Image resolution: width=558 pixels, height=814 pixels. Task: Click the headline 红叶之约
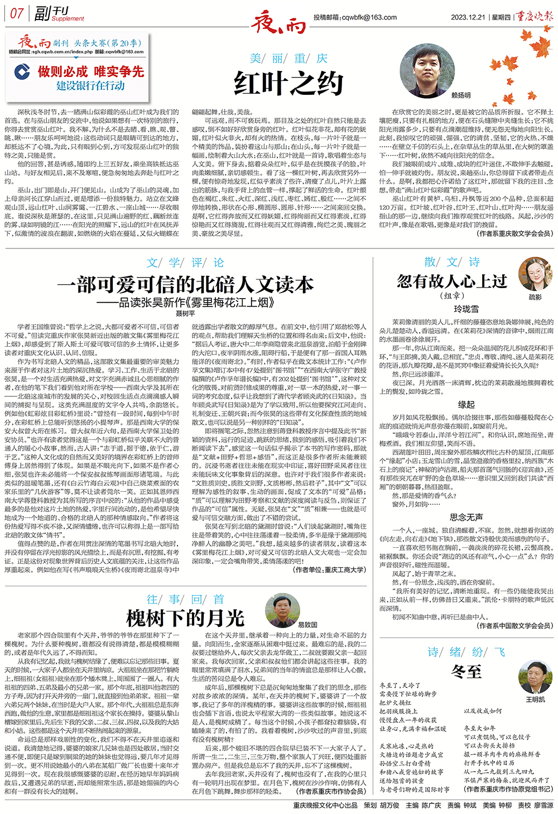[x=288, y=84]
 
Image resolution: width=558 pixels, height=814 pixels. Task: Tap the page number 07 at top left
[x=17, y=13]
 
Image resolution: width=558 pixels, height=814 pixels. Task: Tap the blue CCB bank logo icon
[x=22, y=72]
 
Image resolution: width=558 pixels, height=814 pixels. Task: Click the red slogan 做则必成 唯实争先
[x=90, y=71]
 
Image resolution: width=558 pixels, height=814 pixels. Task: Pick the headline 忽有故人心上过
[x=451, y=281]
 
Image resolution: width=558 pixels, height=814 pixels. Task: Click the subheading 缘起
[x=466, y=404]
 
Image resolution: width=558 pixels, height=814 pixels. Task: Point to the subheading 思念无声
[x=466, y=517]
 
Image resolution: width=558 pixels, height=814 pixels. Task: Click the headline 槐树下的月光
[x=185, y=618]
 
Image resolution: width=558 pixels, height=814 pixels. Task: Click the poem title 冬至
[x=466, y=672]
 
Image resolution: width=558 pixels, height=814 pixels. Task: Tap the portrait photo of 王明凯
[x=535, y=677]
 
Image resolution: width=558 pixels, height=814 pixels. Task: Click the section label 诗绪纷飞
[x=466, y=652]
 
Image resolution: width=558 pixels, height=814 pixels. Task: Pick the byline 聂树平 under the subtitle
[x=185, y=314]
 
